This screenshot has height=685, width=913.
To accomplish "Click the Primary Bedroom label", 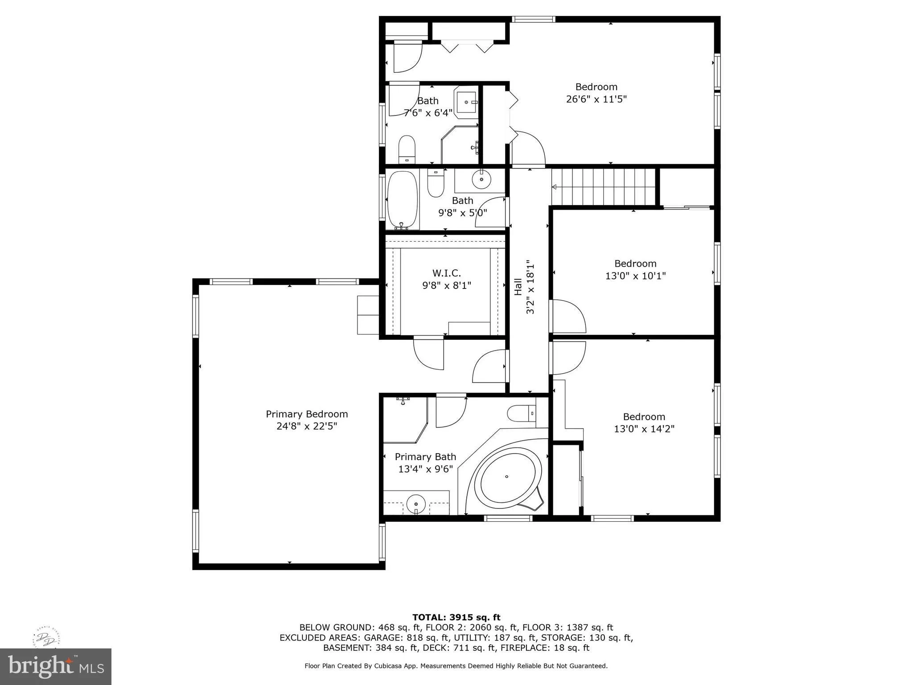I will pyautogui.click(x=307, y=414).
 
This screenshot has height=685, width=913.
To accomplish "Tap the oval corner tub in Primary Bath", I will pyautogui.click(x=507, y=477).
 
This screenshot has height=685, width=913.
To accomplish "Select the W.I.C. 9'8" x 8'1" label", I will pyautogui.click(x=446, y=279).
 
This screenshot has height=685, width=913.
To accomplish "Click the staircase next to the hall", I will pyautogui.click(x=604, y=187).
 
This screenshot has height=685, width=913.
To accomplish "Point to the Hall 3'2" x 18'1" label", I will pyautogui.click(x=524, y=287).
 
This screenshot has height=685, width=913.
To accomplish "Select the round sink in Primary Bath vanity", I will pyautogui.click(x=416, y=504).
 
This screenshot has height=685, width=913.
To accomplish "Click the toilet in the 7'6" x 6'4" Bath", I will pyautogui.click(x=407, y=149).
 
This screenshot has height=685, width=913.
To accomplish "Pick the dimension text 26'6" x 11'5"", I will pyautogui.click(x=596, y=99).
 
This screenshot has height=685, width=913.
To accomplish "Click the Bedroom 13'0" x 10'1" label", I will pyautogui.click(x=635, y=269).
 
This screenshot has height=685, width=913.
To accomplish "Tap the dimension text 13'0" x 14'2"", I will pyautogui.click(x=644, y=429).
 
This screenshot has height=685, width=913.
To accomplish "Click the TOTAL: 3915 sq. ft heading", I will pyautogui.click(x=456, y=617).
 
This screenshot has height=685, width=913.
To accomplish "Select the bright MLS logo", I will pyautogui.click(x=56, y=666).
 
